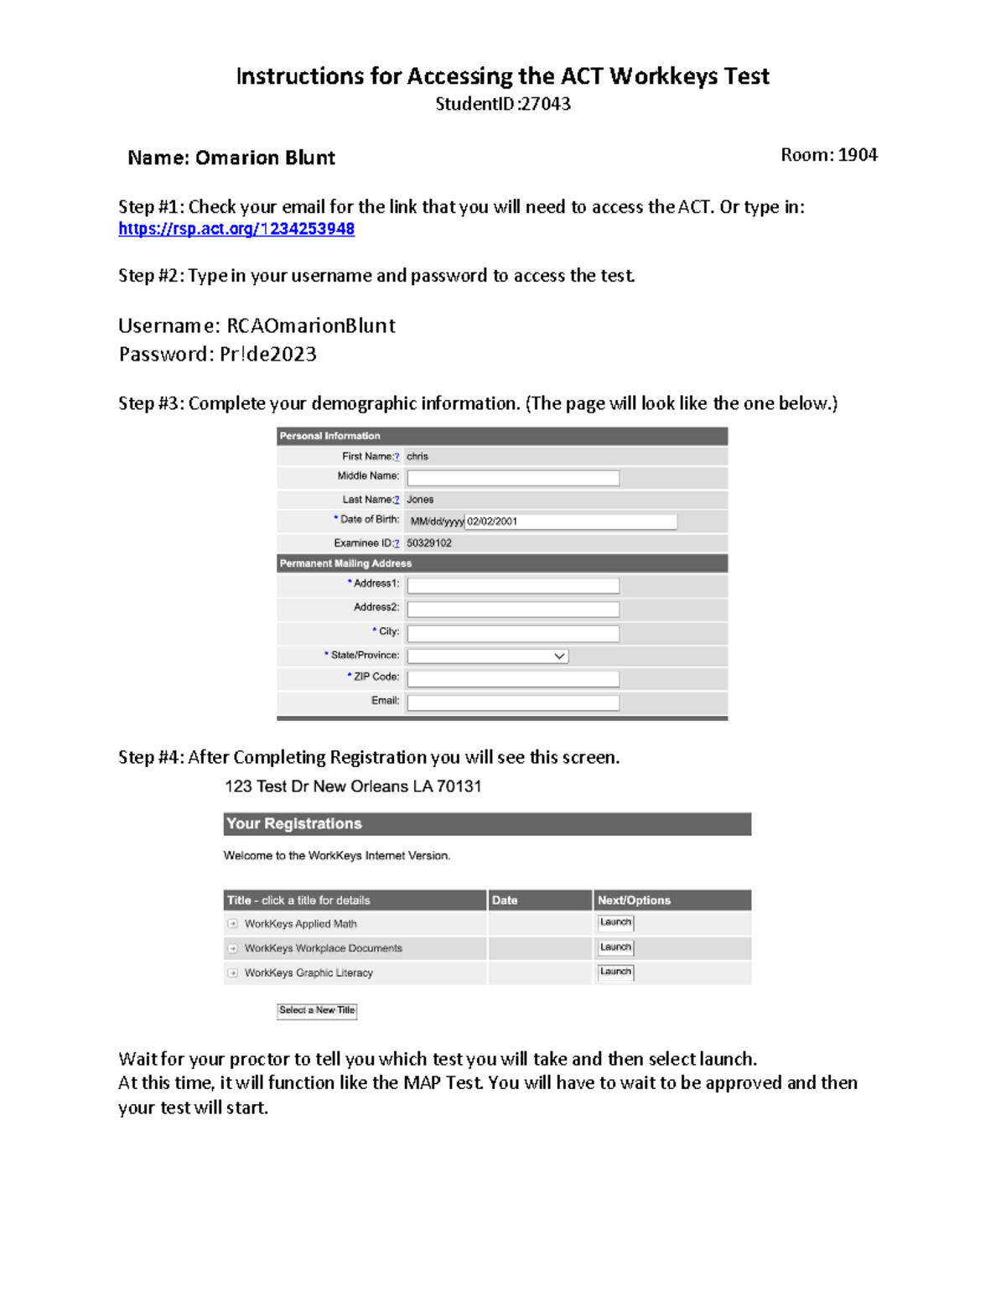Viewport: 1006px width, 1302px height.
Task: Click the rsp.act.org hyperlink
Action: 236,229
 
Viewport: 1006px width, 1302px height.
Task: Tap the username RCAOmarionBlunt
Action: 311,325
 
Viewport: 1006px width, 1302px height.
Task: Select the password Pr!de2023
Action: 268,354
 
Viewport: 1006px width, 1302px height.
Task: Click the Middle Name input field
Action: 513,478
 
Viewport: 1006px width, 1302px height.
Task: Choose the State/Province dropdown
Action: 487,656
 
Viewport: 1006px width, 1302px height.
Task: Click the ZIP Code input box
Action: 513,678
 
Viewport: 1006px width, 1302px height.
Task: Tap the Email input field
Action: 513,703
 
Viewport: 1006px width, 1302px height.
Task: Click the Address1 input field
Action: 513,585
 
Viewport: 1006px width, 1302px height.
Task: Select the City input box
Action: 513,633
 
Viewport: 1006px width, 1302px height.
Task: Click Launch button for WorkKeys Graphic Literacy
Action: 615,972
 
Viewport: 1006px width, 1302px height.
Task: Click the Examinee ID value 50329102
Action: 429,543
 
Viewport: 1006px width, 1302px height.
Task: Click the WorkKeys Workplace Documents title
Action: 323,948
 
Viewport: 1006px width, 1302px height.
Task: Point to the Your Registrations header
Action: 294,823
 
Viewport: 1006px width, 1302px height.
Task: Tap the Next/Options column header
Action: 634,900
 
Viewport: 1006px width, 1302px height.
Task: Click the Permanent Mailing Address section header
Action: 345,563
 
